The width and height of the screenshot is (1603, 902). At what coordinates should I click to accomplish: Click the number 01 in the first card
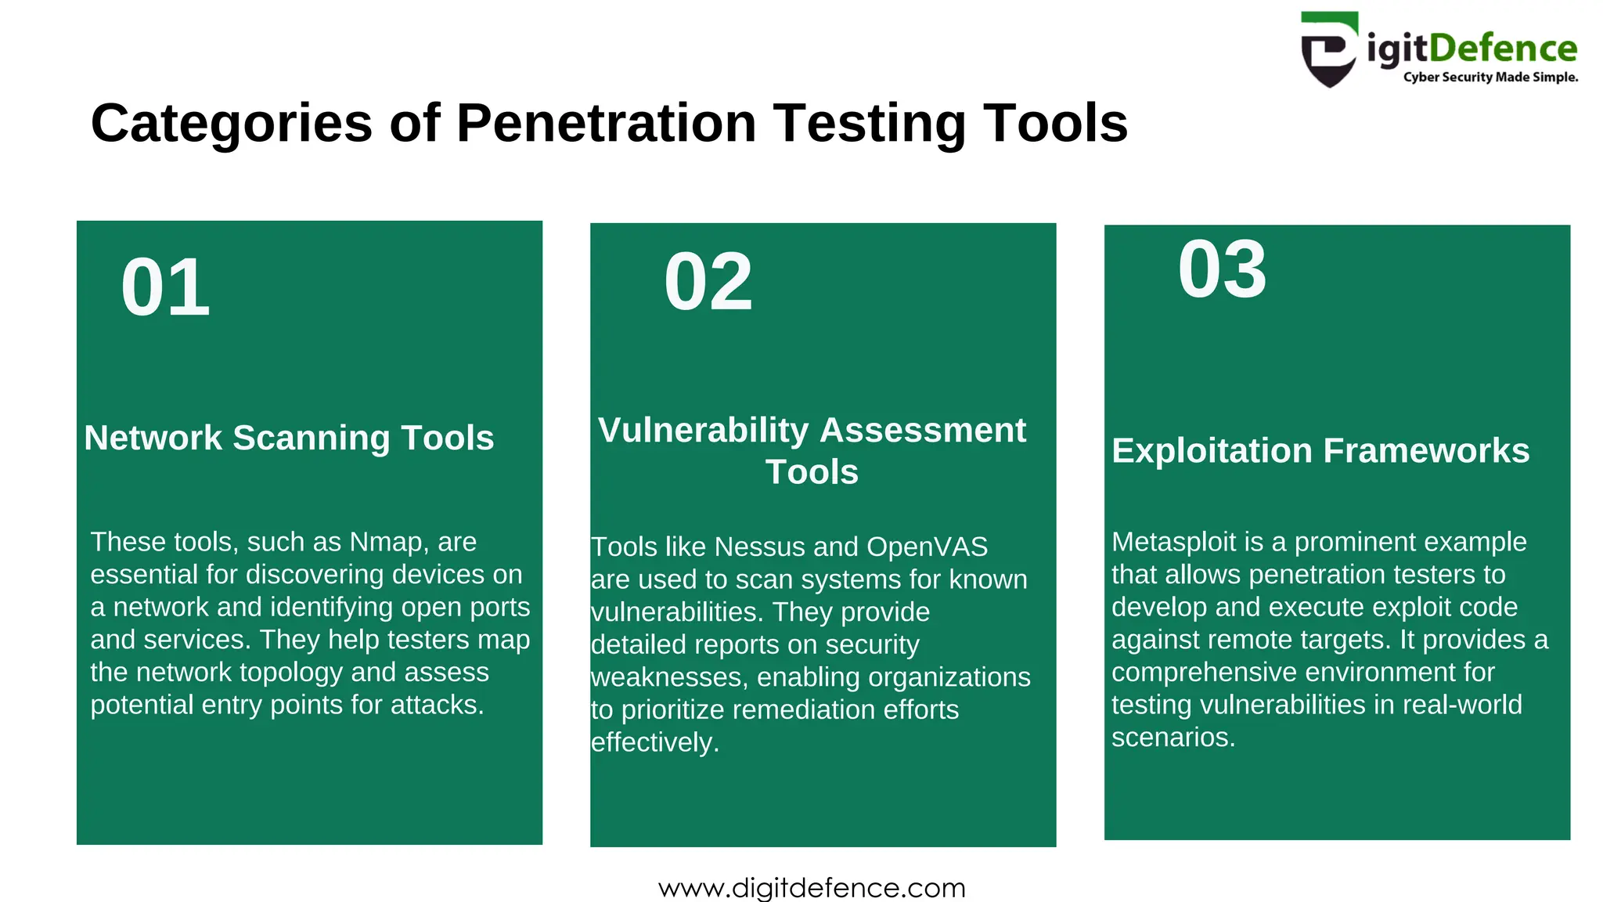(165, 288)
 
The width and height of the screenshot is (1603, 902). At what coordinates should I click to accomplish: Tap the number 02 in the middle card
(708, 283)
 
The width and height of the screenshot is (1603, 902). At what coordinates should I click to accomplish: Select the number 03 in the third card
(1222, 270)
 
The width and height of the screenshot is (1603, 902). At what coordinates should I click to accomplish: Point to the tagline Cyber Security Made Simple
(1490, 78)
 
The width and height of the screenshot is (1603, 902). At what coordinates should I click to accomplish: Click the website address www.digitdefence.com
(812, 888)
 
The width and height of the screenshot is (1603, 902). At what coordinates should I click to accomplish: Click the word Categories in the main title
(232, 124)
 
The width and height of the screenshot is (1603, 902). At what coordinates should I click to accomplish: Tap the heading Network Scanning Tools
(289, 438)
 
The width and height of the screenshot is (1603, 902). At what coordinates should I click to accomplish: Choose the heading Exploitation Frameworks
(1320, 451)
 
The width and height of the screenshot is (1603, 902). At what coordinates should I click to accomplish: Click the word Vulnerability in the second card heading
(703, 431)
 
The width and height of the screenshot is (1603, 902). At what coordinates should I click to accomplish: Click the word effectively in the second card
(654, 742)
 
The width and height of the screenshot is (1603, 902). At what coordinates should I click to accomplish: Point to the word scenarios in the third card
(1173, 738)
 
